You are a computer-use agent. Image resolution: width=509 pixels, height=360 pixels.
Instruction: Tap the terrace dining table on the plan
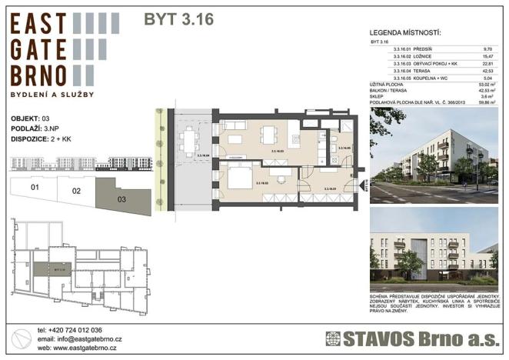(189, 140)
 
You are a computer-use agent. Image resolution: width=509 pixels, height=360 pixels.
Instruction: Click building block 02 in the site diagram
(75, 191)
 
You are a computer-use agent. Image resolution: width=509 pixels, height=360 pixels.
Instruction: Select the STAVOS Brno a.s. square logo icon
(333, 338)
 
